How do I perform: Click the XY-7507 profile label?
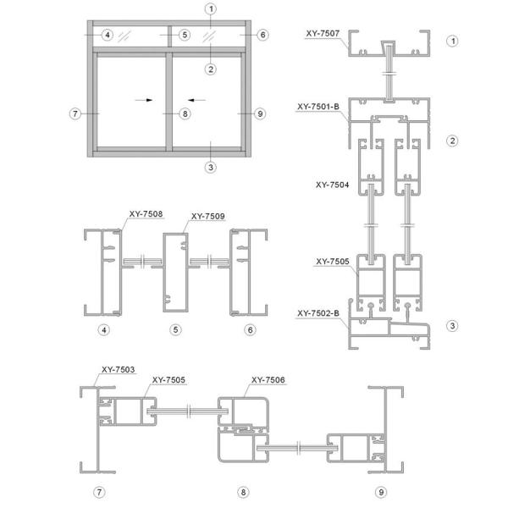tap(323, 34)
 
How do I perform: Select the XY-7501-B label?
tap(319, 108)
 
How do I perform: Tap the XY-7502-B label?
tap(318, 313)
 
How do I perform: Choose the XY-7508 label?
tap(146, 214)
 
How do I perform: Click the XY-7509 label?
tap(208, 216)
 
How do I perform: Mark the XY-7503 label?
tap(119, 369)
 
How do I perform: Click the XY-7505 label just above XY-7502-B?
tap(333, 262)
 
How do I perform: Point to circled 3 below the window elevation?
tap(210, 166)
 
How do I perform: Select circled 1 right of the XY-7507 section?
tap(453, 41)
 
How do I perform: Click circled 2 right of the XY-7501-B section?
tap(453, 140)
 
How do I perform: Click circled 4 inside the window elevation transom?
tap(106, 35)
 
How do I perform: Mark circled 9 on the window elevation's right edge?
tap(260, 113)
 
